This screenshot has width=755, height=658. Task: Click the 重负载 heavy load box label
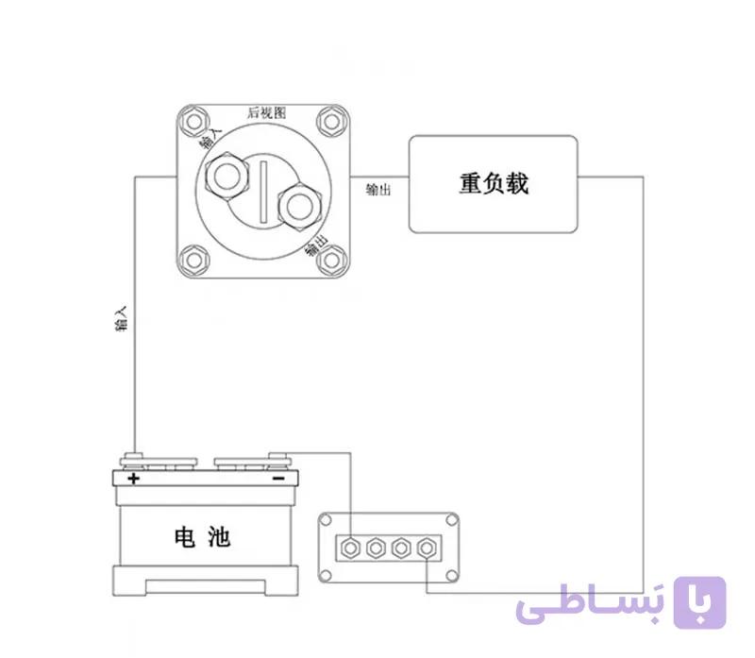pos(494,183)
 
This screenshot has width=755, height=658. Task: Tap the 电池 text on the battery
pos(202,537)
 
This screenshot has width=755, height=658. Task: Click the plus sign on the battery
pos(133,479)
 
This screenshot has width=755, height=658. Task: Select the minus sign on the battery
pos(278,479)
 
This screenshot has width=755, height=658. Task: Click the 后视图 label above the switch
pos(267,112)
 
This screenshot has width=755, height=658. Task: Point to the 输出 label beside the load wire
pos(378,190)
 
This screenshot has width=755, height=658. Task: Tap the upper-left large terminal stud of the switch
pos(226,176)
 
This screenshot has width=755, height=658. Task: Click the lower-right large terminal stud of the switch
pos(299,206)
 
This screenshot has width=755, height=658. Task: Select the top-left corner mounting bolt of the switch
pos(194,122)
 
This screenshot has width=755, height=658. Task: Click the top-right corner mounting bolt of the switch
pos(332,122)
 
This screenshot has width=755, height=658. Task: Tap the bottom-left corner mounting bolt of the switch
pos(194,261)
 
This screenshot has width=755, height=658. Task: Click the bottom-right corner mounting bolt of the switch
pos(332,261)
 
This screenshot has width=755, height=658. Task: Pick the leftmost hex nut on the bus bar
pos(350,548)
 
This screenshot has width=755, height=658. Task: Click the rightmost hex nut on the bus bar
pos(427,548)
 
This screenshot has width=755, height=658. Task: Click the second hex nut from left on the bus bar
pos(376,548)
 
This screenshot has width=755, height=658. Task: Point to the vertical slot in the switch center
pos(263,193)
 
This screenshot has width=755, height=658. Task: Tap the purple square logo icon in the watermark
pos(699,602)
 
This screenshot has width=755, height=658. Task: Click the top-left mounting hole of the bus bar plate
pos(326,520)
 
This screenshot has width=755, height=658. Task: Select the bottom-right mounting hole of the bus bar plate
pos(451,575)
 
